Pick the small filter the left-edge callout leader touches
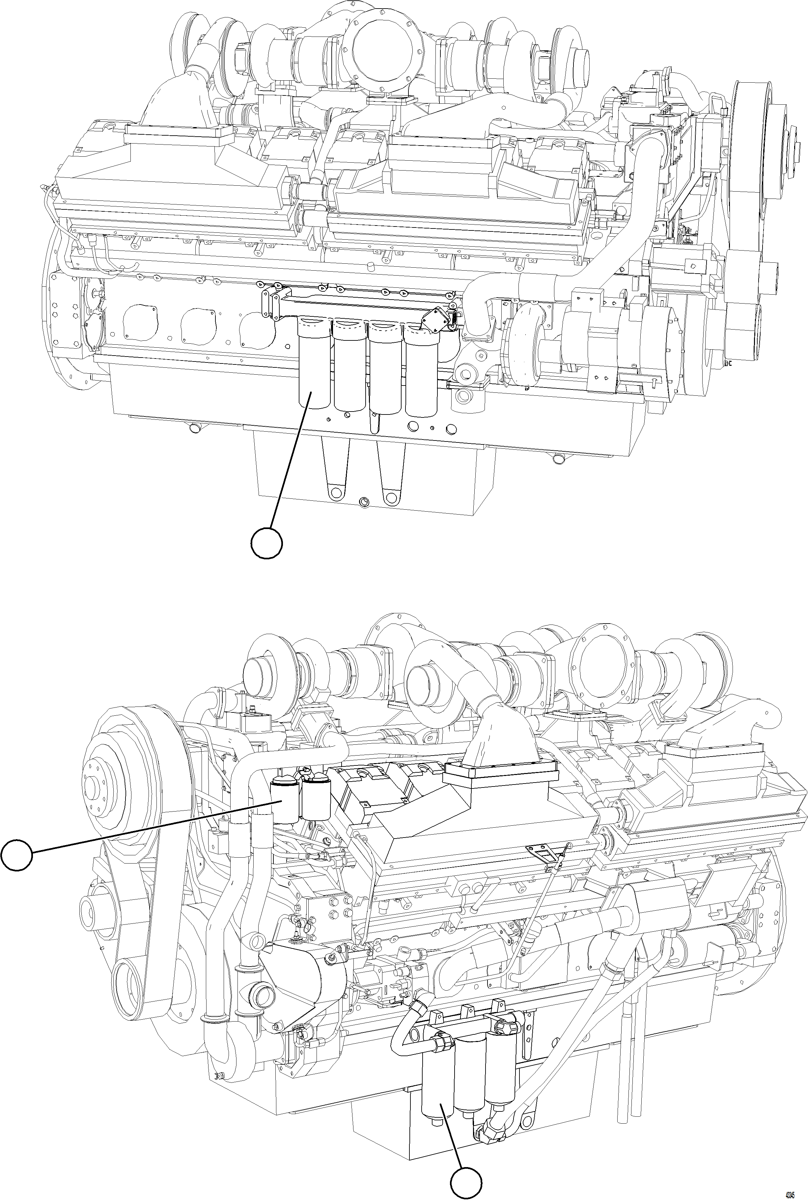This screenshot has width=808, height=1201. pos(285,803)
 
